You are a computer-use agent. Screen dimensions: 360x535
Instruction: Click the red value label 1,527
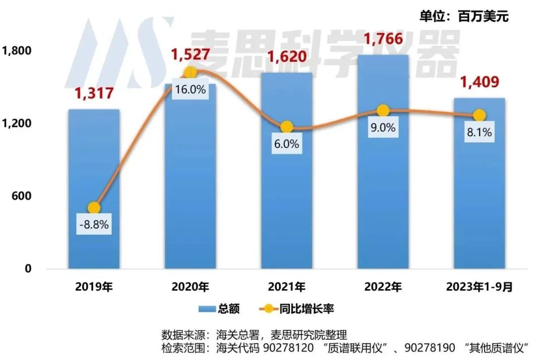pos(191,55)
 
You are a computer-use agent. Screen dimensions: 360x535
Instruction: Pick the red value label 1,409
pos(479,81)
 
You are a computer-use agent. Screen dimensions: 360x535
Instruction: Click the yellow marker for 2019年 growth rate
pos(94,208)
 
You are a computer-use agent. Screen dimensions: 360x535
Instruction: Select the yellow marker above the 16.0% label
pos(190,72)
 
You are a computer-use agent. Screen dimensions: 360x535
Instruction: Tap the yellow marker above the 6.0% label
pos(286,127)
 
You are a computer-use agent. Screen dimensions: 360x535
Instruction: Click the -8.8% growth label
pos(94,226)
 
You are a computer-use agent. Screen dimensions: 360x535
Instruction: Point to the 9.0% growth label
pos(383,128)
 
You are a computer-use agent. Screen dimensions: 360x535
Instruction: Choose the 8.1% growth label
pos(479,132)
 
